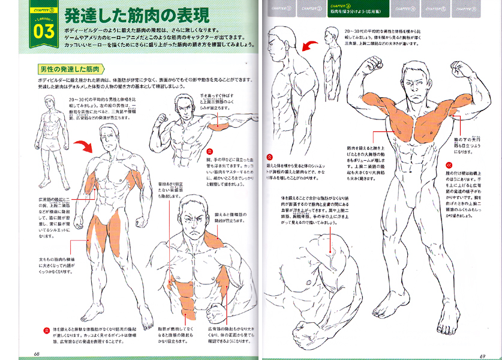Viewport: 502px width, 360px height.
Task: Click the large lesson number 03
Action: point(32,31)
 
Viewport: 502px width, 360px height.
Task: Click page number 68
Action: point(37,353)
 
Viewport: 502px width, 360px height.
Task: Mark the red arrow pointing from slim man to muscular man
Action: point(86,145)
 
